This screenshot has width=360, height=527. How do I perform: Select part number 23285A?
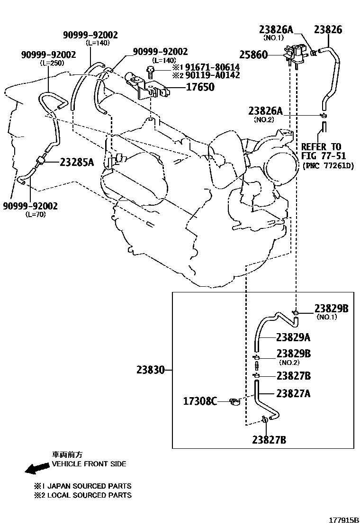click(77, 162)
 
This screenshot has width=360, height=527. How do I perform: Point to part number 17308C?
click(200, 401)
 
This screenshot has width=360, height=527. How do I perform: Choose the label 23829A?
click(293, 337)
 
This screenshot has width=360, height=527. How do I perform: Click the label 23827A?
click(293, 393)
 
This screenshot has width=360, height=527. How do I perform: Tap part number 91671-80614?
click(212, 67)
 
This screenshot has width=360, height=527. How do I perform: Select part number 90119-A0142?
click(212, 75)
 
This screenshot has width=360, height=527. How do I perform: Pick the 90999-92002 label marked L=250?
click(48, 55)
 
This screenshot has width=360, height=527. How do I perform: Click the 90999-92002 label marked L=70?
click(30, 206)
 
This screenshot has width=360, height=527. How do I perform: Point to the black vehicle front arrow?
click(37, 469)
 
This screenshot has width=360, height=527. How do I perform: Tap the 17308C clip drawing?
click(234, 402)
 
